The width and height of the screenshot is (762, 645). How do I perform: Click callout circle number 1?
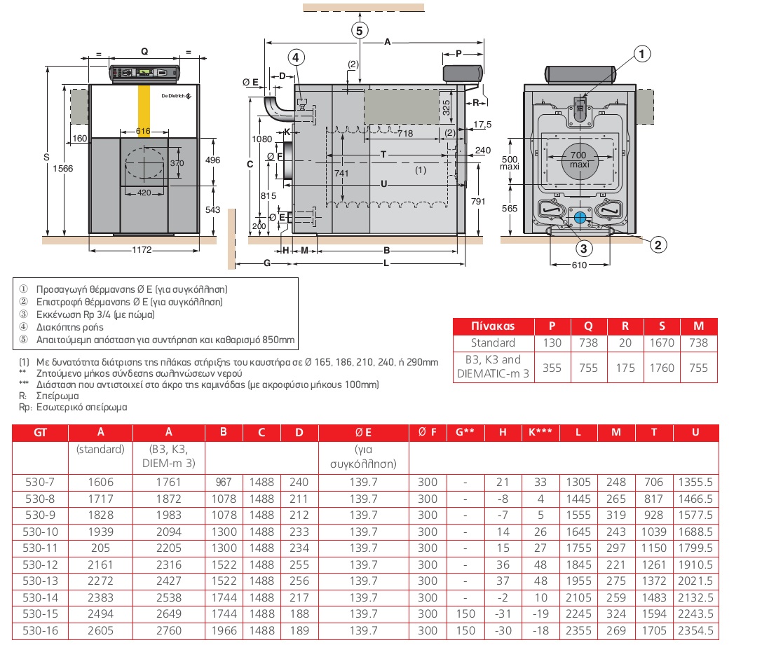click(x=642, y=53)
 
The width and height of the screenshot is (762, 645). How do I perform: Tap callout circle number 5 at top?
click(x=359, y=30)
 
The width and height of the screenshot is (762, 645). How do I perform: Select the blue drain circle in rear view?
click(x=580, y=218)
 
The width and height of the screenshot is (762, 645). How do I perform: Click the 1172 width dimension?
click(x=143, y=250)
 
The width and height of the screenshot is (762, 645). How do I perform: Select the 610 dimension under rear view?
click(x=580, y=265)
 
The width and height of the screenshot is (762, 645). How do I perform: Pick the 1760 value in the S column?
click(x=661, y=368)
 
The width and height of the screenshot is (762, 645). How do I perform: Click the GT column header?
click(x=41, y=432)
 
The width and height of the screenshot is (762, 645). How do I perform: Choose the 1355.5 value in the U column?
click(x=695, y=482)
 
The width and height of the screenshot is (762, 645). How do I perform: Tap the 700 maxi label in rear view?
click(x=578, y=159)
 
